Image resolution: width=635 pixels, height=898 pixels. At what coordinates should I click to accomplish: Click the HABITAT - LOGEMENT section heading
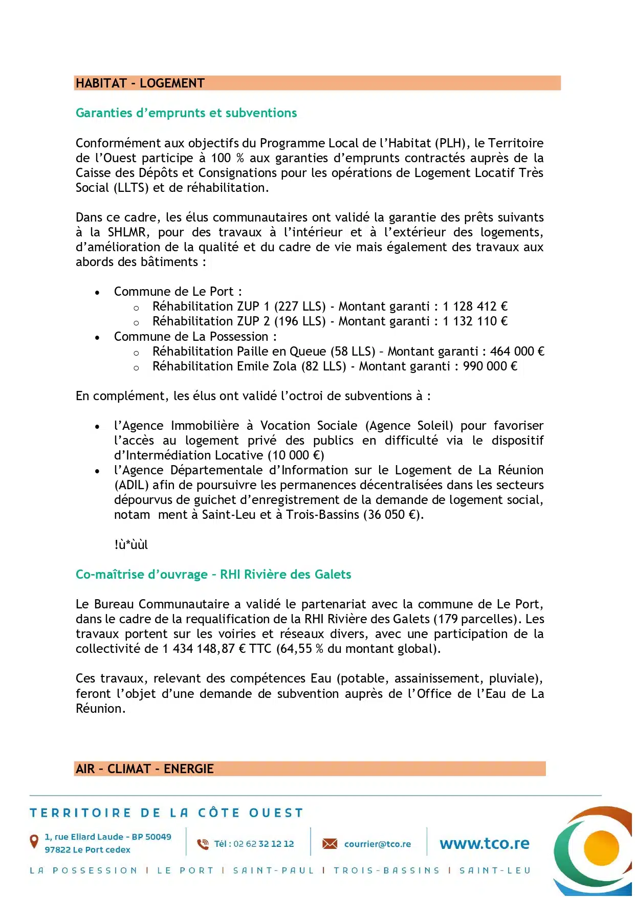pyautogui.click(x=140, y=83)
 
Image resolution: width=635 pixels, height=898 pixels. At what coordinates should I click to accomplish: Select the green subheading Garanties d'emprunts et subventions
pyautogui.click(x=186, y=113)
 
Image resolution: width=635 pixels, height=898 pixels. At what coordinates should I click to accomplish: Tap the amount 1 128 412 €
pyautogui.click(x=475, y=306)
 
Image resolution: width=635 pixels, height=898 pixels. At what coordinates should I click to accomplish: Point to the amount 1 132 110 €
pyautogui.click(x=475, y=321)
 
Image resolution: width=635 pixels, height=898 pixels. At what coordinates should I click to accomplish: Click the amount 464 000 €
pyautogui.click(x=517, y=352)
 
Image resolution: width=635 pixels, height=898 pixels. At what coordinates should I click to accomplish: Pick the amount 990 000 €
pyautogui.click(x=490, y=366)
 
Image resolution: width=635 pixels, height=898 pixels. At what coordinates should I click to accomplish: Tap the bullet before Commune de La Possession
pyautogui.click(x=97, y=337)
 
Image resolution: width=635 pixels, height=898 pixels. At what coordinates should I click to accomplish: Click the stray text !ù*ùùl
pyautogui.click(x=131, y=545)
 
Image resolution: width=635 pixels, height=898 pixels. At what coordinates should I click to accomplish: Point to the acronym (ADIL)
pyautogui.click(x=132, y=485)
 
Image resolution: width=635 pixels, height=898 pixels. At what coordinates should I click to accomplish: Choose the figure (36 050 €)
pyautogui.click(x=392, y=515)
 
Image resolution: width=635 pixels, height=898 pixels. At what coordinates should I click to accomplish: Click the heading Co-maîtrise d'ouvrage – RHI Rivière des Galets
pyautogui.click(x=213, y=575)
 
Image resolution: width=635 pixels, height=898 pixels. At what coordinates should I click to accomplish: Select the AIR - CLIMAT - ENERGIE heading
pyautogui.click(x=145, y=769)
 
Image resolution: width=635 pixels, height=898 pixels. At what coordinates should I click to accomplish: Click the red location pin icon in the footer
pyautogui.click(x=34, y=841)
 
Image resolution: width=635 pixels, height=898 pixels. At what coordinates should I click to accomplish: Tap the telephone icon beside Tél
pyautogui.click(x=203, y=844)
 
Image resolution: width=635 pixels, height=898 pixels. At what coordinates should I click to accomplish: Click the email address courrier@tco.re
pyautogui.click(x=377, y=844)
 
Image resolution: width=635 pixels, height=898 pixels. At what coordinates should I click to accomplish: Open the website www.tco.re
pyautogui.click(x=484, y=844)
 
